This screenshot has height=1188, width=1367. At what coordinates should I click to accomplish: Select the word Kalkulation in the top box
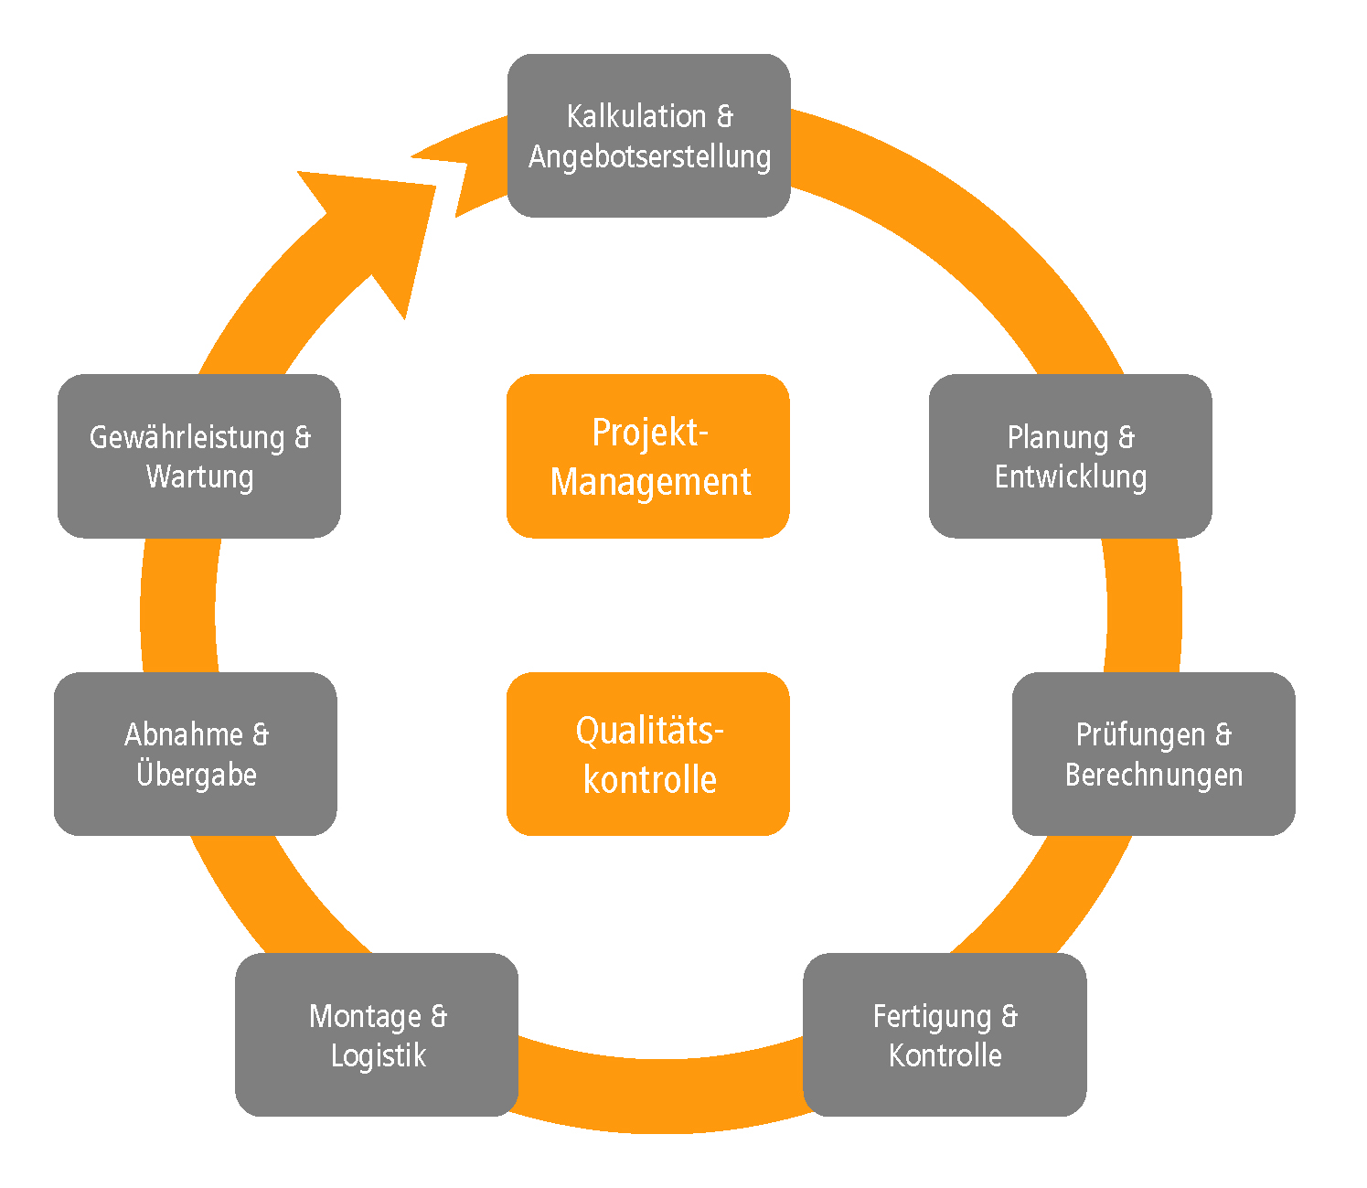pyautogui.click(x=636, y=116)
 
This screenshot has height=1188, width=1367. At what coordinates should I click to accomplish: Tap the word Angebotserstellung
pyautogui.click(x=649, y=156)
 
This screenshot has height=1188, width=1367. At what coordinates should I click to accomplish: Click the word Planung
pyautogui.click(x=1058, y=437)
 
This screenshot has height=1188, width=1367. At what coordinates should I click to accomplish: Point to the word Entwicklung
pyautogui.click(x=1071, y=476)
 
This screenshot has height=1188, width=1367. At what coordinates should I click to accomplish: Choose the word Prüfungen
pyautogui.click(x=1140, y=734)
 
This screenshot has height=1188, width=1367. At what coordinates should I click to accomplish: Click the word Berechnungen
pyautogui.click(x=1154, y=775)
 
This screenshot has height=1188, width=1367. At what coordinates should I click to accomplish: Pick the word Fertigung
pyautogui.click(x=932, y=1016)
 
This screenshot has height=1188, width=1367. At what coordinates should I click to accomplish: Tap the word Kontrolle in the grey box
pyautogui.click(x=945, y=1055)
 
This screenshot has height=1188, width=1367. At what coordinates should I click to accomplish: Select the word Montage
pyautogui.click(x=365, y=1016)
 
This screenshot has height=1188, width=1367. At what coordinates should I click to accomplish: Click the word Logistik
pyautogui.click(x=379, y=1055)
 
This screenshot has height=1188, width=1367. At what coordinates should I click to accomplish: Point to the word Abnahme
pyautogui.click(x=184, y=734)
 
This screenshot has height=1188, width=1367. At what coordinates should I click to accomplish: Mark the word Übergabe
pyautogui.click(x=197, y=774)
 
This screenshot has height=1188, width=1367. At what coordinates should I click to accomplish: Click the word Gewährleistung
pyautogui.click(x=187, y=437)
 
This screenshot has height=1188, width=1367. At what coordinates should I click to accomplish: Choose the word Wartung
pyautogui.click(x=199, y=476)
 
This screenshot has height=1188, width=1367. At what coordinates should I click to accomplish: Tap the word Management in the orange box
pyautogui.click(x=650, y=482)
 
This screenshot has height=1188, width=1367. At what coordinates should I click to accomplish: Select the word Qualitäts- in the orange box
pyautogui.click(x=649, y=731)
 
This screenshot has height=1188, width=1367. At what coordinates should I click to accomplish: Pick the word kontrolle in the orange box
pyautogui.click(x=650, y=780)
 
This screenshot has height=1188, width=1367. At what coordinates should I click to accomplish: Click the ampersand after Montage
pyautogui.click(x=439, y=1016)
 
